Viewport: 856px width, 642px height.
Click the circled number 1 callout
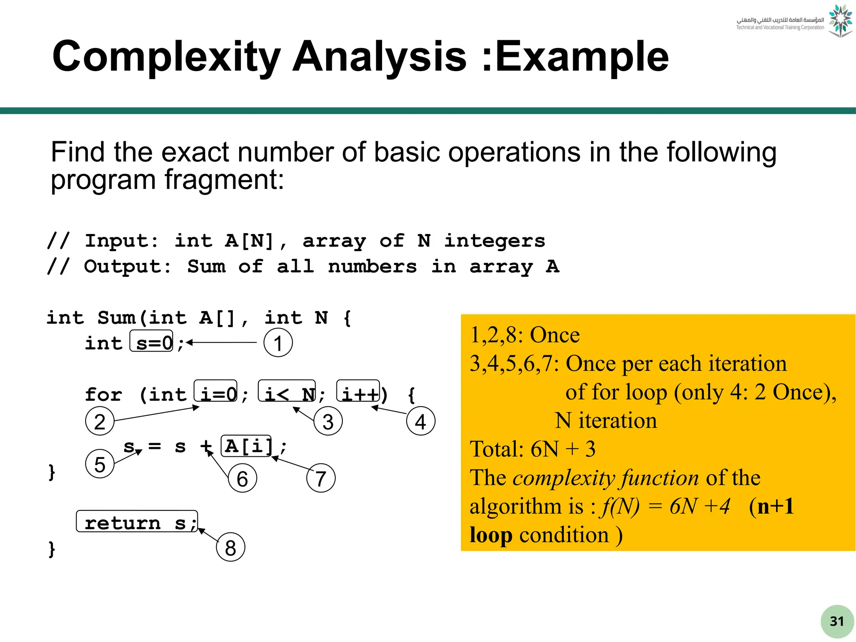point(278,343)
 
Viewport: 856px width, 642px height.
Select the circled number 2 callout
point(99,421)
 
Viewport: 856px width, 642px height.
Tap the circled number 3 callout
point(328,421)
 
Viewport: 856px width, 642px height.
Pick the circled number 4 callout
point(420,421)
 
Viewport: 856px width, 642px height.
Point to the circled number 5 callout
point(99,464)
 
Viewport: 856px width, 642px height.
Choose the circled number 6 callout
point(242,479)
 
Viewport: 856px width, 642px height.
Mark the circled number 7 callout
point(321,479)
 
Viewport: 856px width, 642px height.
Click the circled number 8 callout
point(230,547)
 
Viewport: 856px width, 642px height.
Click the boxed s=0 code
point(151,341)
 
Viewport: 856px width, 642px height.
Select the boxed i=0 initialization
point(216,391)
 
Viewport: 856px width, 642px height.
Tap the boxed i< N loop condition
point(287,391)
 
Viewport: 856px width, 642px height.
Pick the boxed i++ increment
point(358,391)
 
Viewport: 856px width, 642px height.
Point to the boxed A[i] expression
point(246,446)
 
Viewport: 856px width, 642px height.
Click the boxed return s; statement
point(137,522)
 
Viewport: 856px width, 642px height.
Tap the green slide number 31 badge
point(837,622)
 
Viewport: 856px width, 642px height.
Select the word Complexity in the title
point(166,57)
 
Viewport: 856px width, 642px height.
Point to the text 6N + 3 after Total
point(563,449)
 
